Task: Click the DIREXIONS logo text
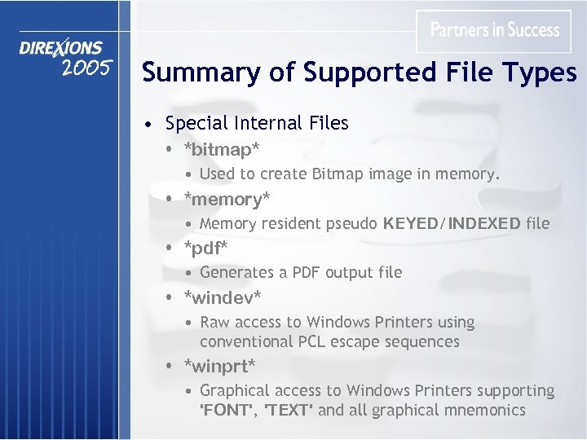[61, 48]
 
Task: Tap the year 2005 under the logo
[85, 68]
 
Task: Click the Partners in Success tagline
[495, 30]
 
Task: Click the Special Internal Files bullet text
[257, 123]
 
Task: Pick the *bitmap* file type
[222, 149]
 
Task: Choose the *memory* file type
[227, 198]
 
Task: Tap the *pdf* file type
[206, 247]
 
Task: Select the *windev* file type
[223, 297]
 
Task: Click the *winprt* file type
[219, 364]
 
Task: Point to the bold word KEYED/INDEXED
[452, 223]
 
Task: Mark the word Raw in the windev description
[215, 322]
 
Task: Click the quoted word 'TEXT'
[287, 410]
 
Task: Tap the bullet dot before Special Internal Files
[145, 125]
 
